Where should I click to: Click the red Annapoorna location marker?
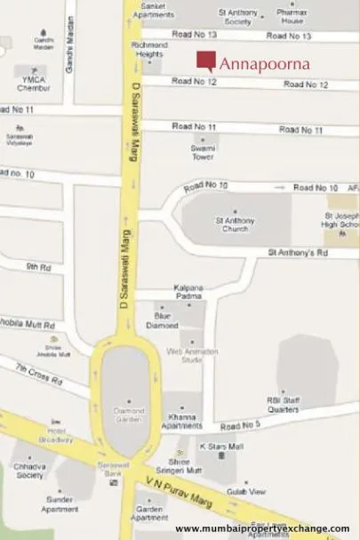(x=205, y=61)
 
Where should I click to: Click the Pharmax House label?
(x=292, y=15)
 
